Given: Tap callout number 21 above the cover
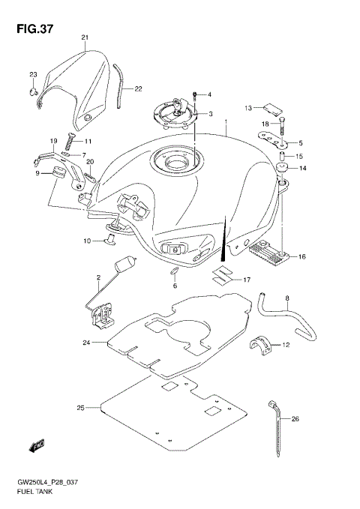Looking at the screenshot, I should coord(85,37).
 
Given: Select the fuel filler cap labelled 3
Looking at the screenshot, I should coord(174,112).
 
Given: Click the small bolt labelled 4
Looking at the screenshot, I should coord(195,94).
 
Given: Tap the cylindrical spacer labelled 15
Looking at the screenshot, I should coord(284,157).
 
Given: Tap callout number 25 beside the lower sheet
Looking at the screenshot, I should coord(80,408).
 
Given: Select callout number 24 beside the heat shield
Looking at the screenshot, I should coord(86,343).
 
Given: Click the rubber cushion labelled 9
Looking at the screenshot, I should coord(55,174).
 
